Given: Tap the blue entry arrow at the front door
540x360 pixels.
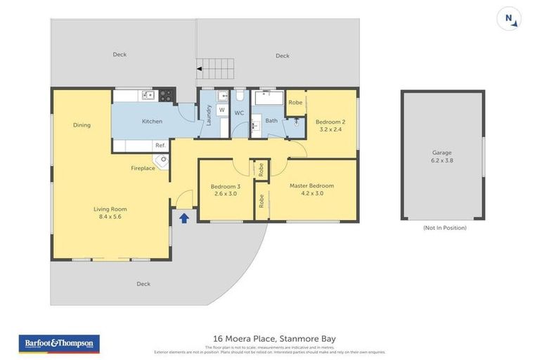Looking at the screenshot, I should coord(184,218).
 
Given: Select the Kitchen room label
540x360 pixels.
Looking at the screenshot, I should coord(152,122).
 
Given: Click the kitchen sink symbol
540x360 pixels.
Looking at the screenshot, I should coord(147,94).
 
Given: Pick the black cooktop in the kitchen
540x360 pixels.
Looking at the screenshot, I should coord(167,94).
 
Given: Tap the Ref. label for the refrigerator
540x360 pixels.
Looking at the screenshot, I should coord(160,146).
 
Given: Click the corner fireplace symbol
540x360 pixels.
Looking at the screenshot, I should coord(163,161).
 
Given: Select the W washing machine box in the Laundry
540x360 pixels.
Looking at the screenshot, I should coord(221,110).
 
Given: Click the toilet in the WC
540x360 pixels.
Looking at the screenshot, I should coord(239,95).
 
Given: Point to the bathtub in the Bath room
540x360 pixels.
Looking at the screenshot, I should coord(267,98).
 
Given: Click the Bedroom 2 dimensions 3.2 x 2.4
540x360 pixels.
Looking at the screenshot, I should coord(330,129).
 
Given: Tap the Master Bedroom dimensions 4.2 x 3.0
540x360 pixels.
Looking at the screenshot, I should coord(311,193).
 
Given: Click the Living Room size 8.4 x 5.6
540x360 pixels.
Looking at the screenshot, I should coord(110,217).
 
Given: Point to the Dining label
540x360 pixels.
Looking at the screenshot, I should coord(82,125).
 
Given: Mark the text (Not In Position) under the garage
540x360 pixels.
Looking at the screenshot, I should coord(444,228).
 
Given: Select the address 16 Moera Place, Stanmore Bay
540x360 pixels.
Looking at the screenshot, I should coord(274,339).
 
